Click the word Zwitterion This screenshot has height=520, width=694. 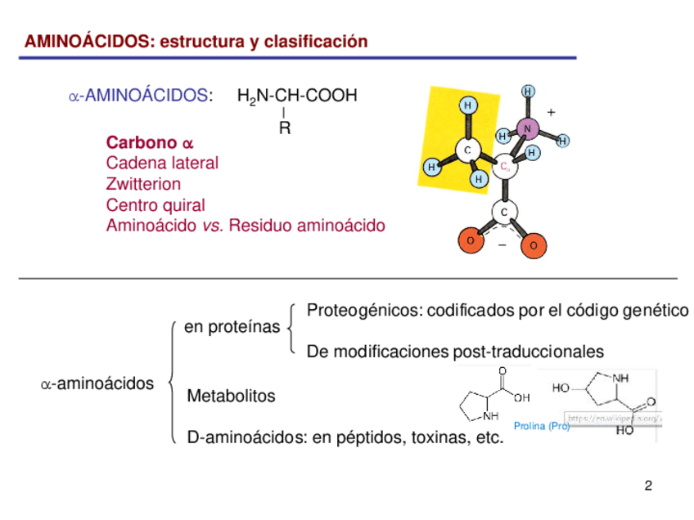pyautogui.click(x=143, y=184)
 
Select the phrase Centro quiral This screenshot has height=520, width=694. pyautogui.click(x=155, y=204)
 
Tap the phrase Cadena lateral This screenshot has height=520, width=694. pyautogui.click(x=162, y=164)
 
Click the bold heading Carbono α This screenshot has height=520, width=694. pyautogui.click(x=150, y=143)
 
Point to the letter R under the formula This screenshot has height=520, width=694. pyautogui.click(x=284, y=128)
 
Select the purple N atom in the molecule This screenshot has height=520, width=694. pyautogui.click(x=527, y=128)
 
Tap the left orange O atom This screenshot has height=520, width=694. pyautogui.click(x=471, y=240)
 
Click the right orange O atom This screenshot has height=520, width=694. pyautogui.click(x=533, y=245)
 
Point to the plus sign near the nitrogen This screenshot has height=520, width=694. pyautogui.click(x=551, y=112)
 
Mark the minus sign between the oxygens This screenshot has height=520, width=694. pyautogui.click(x=502, y=244)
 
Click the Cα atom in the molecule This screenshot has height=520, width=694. pyautogui.click(x=506, y=167)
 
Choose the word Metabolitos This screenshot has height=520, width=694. pyautogui.click(x=232, y=397)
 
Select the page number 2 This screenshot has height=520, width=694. pyautogui.click(x=648, y=487)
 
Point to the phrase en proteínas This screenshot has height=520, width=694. pyautogui.click(x=232, y=328)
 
